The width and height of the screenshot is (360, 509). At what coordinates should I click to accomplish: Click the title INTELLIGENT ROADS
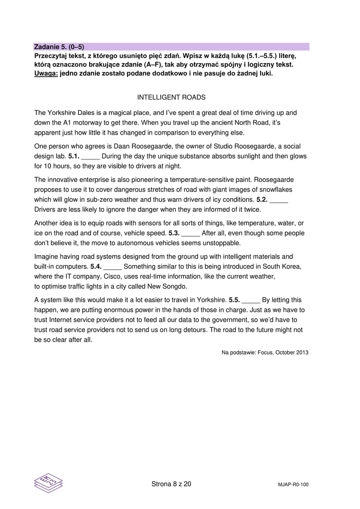click(x=171, y=97)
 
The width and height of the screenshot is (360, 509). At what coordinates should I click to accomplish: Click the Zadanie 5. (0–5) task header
click(x=56, y=47)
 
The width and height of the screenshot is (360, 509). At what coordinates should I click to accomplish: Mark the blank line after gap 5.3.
click(x=191, y=233)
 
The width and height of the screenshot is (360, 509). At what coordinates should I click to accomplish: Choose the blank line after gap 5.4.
click(x=112, y=267)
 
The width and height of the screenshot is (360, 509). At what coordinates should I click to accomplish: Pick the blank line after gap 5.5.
click(x=251, y=300)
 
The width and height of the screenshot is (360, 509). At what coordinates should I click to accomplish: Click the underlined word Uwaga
click(x=45, y=73)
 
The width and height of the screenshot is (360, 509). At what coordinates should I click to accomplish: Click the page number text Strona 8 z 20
click(x=171, y=484)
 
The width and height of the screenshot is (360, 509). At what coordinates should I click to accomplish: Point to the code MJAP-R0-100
click(x=293, y=485)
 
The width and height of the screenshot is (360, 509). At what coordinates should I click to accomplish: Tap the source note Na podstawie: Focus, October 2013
click(x=265, y=352)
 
